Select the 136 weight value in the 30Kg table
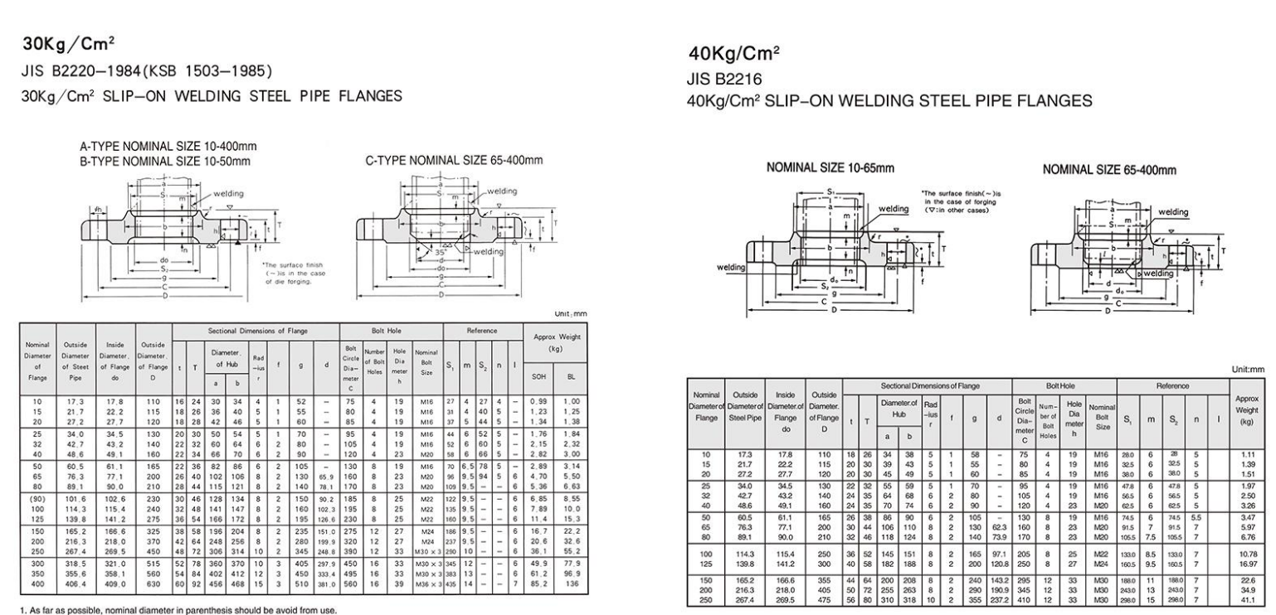pos(571,559)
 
